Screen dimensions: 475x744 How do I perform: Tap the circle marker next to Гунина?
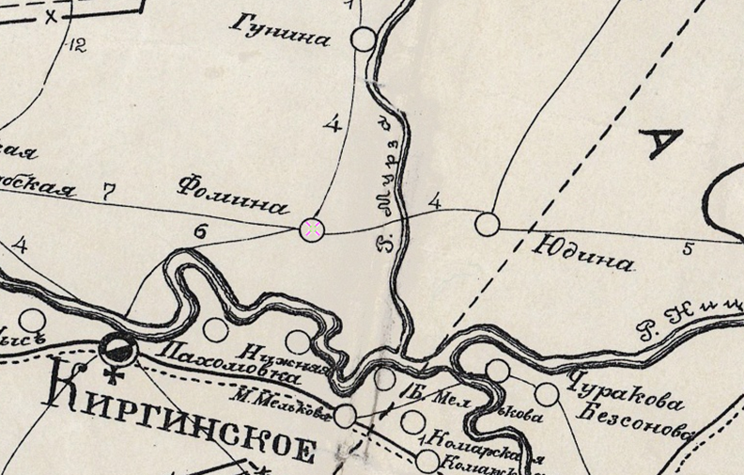(x=364, y=39)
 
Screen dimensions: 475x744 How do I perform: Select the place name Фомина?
(x=231, y=194)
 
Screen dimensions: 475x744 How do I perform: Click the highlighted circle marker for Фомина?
(x=312, y=228)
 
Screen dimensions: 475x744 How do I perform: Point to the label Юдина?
(x=583, y=254)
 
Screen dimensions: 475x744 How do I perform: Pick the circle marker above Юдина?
(x=487, y=224)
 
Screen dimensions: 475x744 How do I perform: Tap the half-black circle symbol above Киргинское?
(x=120, y=350)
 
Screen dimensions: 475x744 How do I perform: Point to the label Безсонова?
(x=635, y=420)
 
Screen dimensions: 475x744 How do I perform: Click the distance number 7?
(x=109, y=192)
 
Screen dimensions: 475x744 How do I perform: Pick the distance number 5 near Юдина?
(x=688, y=248)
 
